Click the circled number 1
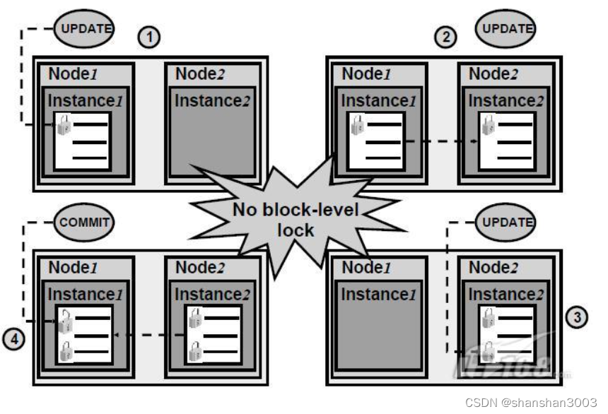pyautogui.click(x=149, y=37)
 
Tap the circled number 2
pyautogui.click(x=445, y=37)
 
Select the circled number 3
pyautogui.click(x=577, y=317)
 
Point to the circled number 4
pyautogui.click(x=13, y=339)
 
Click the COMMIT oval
pyautogui.click(x=83, y=222)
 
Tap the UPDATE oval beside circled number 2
pyautogui.click(x=506, y=28)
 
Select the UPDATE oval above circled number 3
pyautogui.click(x=506, y=222)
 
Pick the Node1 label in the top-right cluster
pyautogui.click(x=366, y=74)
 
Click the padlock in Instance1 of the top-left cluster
pyautogui.click(x=64, y=126)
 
